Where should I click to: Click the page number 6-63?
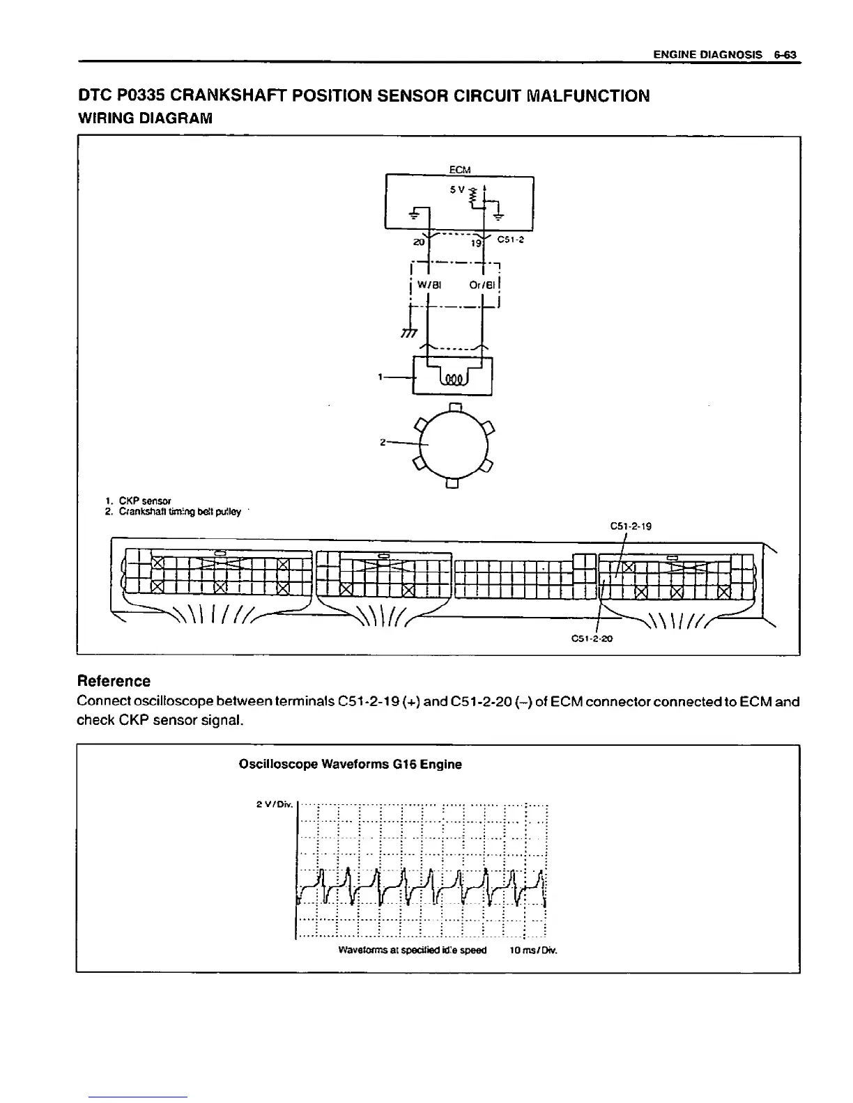[x=785, y=54]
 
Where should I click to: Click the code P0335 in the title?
[x=140, y=95]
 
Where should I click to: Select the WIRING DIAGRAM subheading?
[x=144, y=118]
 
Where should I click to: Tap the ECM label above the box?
[x=459, y=169]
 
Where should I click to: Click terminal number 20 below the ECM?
[x=418, y=243]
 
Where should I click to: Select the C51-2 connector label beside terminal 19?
[x=511, y=240]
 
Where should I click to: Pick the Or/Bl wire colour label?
[x=482, y=285]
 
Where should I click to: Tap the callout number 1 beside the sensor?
[x=380, y=377]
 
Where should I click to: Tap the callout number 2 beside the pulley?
[x=383, y=442]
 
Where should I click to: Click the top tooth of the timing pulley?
[x=454, y=407]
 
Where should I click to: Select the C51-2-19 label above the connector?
[x=630, y=526]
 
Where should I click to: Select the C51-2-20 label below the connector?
[x=591, y=638]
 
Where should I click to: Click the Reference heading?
[x=114, y=680]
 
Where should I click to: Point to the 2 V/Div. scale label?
[x=272, y=805]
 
